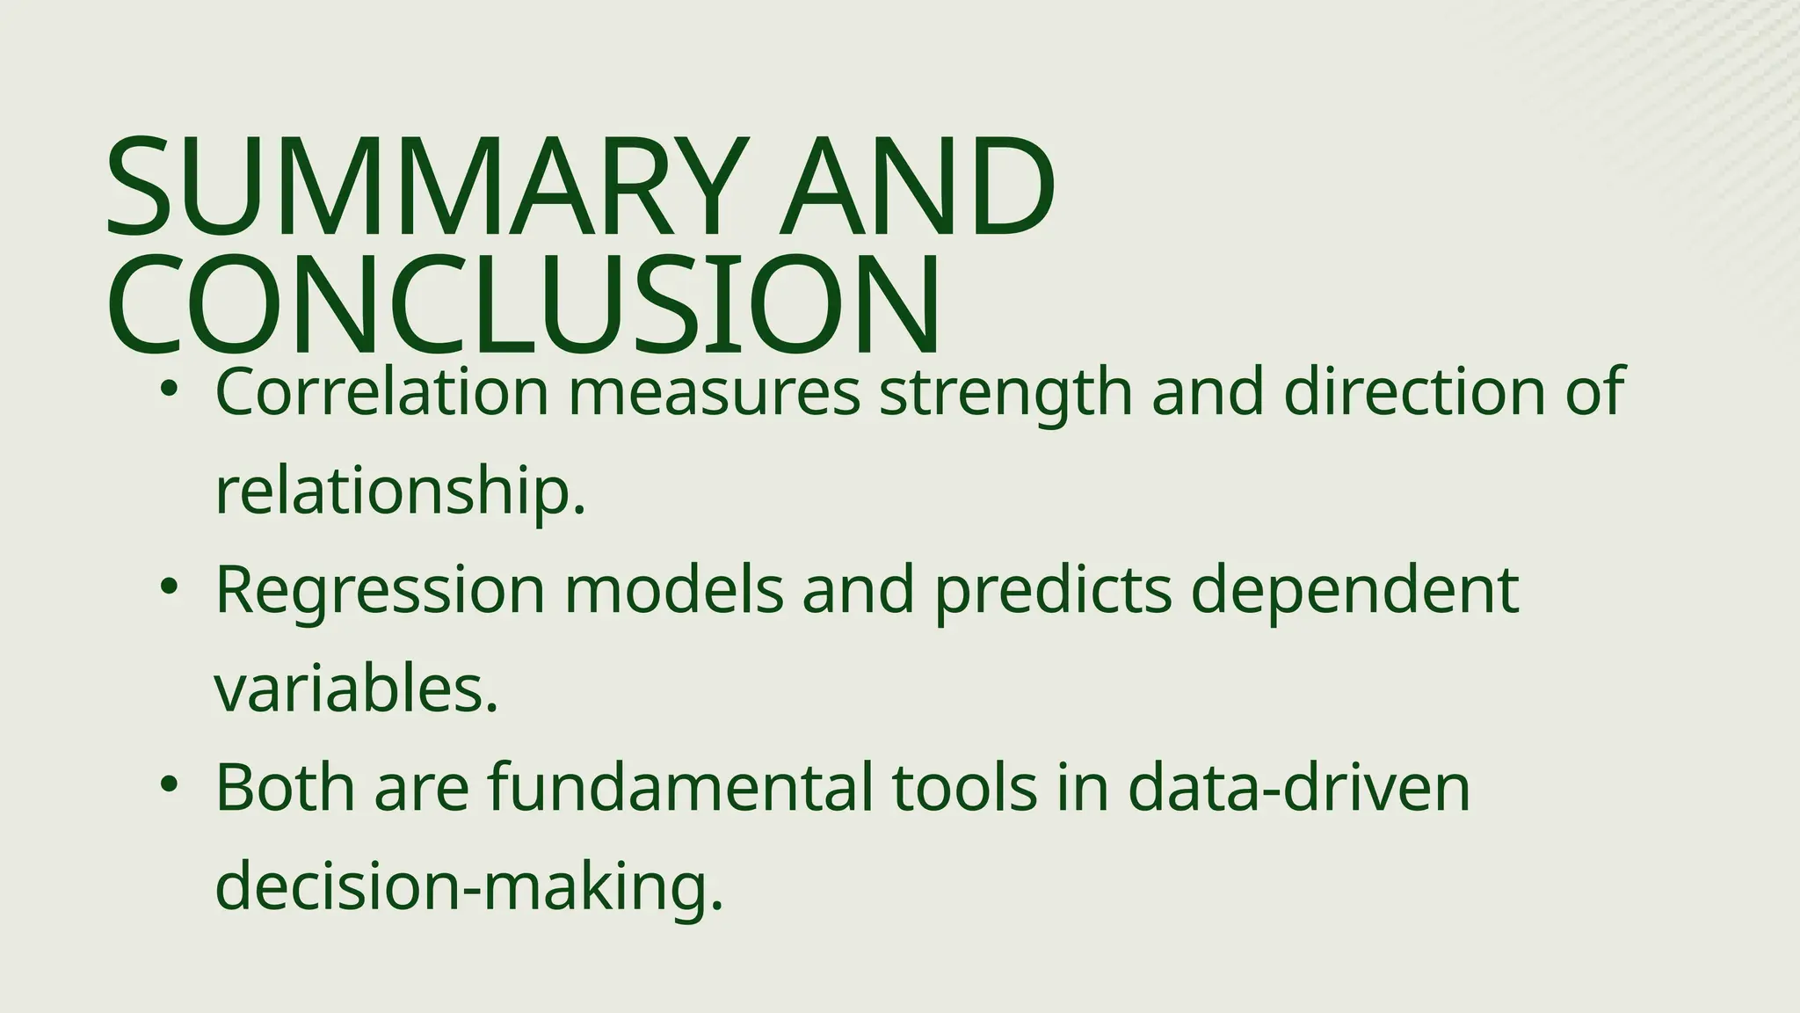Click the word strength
tap(1005, 393)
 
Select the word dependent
tap(1354, 591)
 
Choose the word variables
tap(356, 689)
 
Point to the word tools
tap(964, 787)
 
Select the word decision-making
tap(468, 886)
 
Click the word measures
tap(714, 393)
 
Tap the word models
tap(673, 591)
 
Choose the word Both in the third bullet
tap(285, 787)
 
